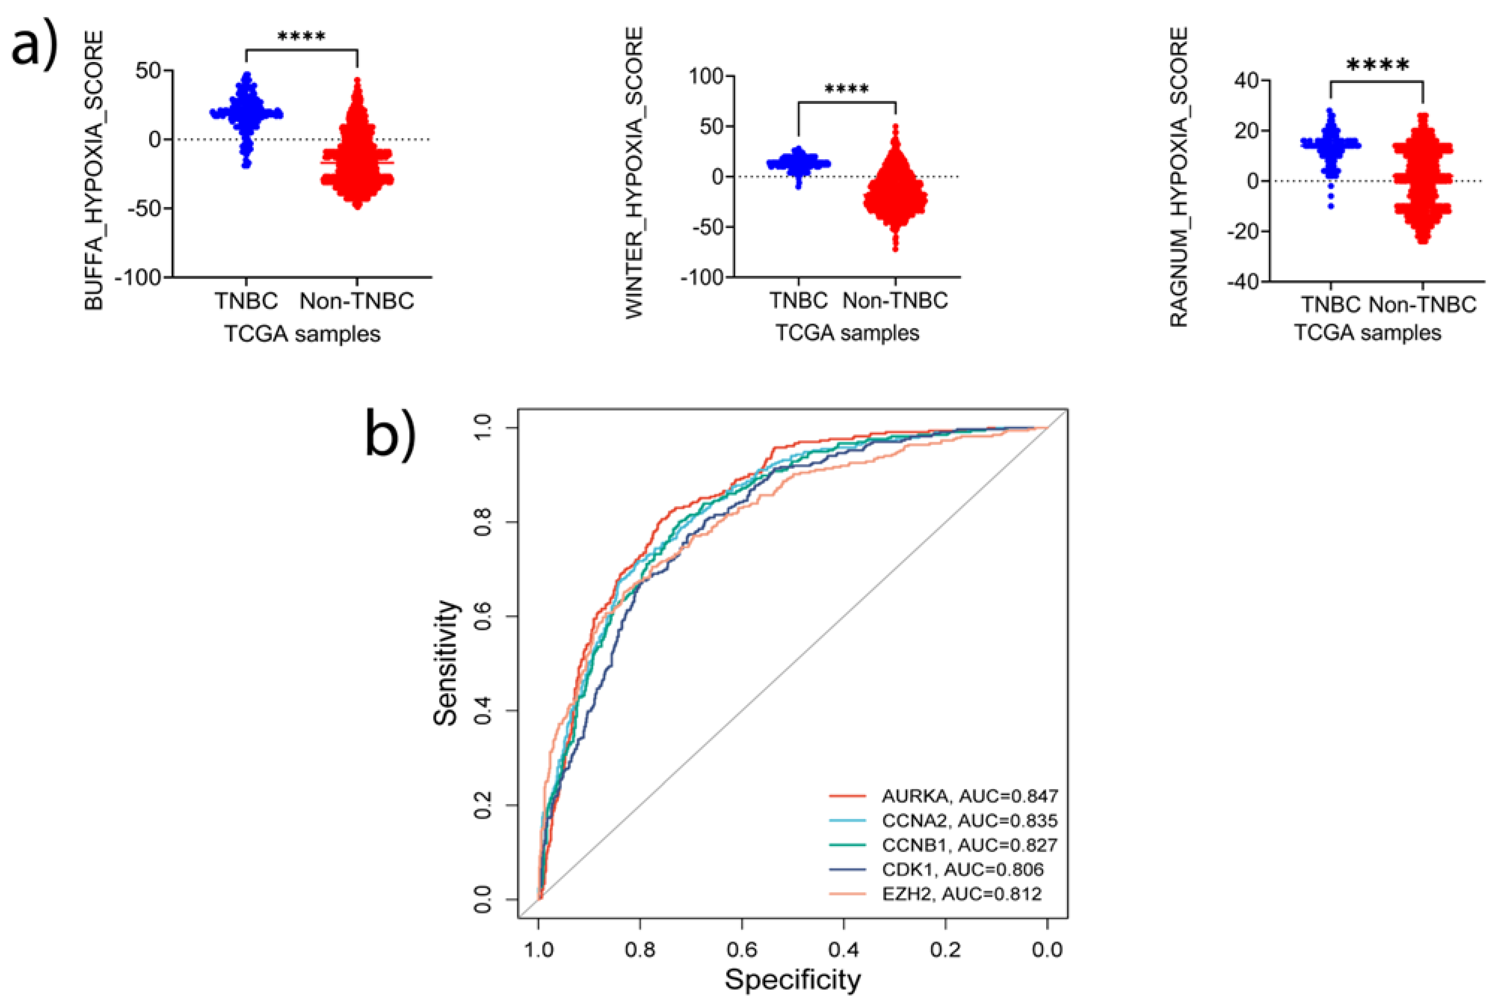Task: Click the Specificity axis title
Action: pyautogui.click(x=792, y=980)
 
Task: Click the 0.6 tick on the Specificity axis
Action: pyautogui.click(x=742, y=949)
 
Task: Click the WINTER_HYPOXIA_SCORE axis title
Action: pyautogui.click(x=634, y=172)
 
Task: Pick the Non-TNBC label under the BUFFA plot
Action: pyautogui.click(x=357, y=301)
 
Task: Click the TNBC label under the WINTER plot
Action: pyautogui.click(x=798, y=300)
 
